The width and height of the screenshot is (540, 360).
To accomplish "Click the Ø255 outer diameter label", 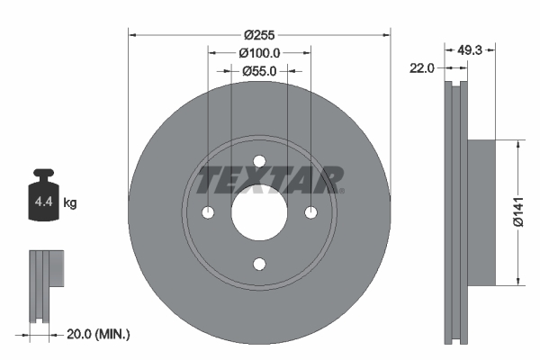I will tap(260, 35).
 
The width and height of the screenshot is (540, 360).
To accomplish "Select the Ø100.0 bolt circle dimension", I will tap(260, 53).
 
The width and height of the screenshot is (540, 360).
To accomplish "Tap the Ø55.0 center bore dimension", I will tap(260, 71).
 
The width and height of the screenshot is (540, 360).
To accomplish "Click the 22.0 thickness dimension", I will tap(423, 67).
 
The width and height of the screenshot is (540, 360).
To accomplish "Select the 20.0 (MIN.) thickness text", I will tap(99, 334).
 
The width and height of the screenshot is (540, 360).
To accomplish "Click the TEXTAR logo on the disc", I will tap(270, 179).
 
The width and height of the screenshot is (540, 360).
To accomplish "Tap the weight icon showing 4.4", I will tap(42, 200).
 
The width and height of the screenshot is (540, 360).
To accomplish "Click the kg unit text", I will tap(70, 203).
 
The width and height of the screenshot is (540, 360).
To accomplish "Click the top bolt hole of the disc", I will tap(260, 162).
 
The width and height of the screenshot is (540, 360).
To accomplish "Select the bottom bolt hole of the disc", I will tap(260, 264).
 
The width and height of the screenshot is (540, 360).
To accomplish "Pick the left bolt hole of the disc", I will tap(209, 213).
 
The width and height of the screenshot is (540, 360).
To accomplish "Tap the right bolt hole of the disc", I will tap(311, 213).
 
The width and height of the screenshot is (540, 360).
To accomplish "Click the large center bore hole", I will tap(260, 213).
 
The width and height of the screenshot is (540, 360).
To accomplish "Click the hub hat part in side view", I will tap(481, 212).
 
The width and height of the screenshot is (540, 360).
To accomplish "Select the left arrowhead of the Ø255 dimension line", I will tap(134, 35).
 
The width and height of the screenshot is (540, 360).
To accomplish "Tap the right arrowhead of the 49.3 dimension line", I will tap(491, 49).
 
